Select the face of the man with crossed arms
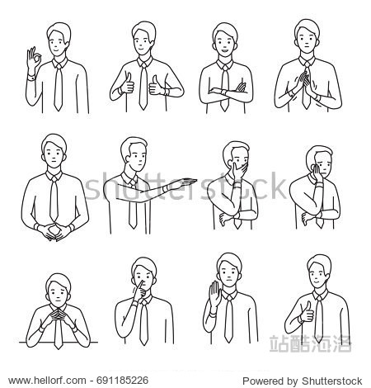point(223,41)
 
